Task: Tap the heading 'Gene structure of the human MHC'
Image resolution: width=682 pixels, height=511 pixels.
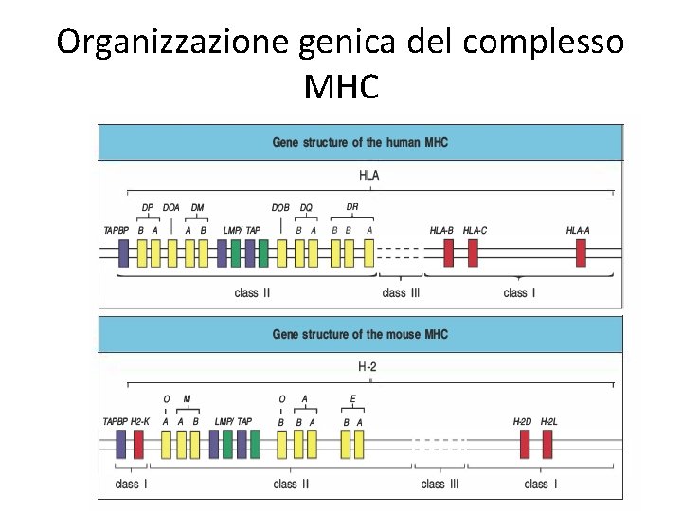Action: (x=360, y=142)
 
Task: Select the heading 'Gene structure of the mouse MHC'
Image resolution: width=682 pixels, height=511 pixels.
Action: (x=360, y=334)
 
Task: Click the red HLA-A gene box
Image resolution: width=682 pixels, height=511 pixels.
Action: (x=581, y=253)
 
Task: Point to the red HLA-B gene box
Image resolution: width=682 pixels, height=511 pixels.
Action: (x=449, y=253)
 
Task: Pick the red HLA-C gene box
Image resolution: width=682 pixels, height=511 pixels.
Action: (x=473, y=253)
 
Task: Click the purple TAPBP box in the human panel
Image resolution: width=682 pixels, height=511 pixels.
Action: (x=123, y=253)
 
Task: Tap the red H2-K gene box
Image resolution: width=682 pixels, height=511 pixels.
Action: (x=138, y=444)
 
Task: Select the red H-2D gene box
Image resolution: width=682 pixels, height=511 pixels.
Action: (x=525, y=444)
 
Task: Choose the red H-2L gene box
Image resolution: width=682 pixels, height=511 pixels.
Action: (x=547, y=444)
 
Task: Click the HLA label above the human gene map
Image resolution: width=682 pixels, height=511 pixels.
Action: (x=369, y=175)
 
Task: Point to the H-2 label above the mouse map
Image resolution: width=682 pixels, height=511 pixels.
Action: (x=369, y=366)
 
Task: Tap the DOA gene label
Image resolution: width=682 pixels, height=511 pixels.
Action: (x=171, y=208)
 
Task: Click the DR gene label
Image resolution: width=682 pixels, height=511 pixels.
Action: (x=352, y=206)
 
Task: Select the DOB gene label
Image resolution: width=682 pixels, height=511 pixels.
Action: (x=280, y=208)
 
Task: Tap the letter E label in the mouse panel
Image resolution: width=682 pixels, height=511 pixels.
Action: (x=353, y=399)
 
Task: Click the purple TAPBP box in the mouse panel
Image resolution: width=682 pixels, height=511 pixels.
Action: (x=121, y=444)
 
